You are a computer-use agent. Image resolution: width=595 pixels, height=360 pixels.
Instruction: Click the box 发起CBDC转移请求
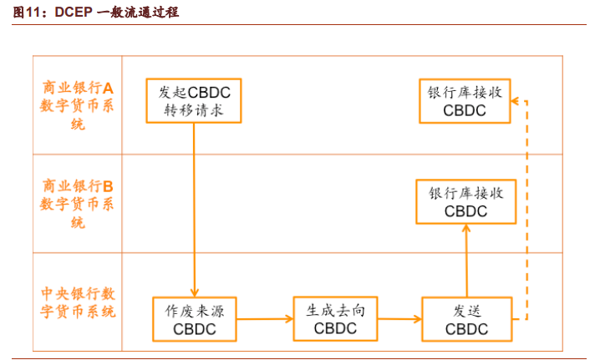pyautogui.click(x=194, y=101)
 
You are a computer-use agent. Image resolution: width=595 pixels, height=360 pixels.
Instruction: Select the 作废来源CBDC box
pyautogui.click(x=194, y=319)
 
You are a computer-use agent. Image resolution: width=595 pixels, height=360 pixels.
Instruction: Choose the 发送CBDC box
pyautogui.click(x=465, y=319)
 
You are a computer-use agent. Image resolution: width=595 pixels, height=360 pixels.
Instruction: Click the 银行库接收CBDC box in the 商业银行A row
pyautogui.click(x=465, y=100)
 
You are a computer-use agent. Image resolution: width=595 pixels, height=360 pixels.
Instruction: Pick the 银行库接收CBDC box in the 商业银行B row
pyautogui.click(x=465, y=202)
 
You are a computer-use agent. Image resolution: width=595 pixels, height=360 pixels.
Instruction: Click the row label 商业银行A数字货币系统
pyautogui.click(x=78, y=105)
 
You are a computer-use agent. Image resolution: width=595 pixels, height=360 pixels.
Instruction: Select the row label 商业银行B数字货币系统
pyautogui.click(x=78, y=203)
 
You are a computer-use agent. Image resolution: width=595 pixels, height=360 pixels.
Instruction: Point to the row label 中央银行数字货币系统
pyautogui.click(x=78, y=303)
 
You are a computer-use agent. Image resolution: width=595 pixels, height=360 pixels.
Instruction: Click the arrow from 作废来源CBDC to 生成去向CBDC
pyautogui.click(x=264, y=319)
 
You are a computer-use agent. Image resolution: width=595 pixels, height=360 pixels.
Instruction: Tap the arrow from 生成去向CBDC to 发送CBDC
pyautogui.click(x=399, y=319)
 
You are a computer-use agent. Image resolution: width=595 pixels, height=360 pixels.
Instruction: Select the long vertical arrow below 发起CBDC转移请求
pyautogui.click(x=194, y=209)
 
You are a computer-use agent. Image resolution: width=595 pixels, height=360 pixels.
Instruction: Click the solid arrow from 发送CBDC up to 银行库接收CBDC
pyautogui.click(x=465, y=260)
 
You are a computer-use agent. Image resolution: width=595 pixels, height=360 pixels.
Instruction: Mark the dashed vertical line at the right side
pyautogui.click(x=526, y=209)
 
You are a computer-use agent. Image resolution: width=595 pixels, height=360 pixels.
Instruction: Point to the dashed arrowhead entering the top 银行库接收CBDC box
pyautogui.click(x=515, y=100)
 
